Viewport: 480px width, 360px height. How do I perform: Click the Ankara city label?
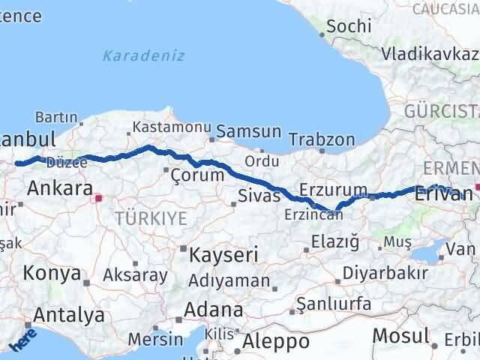coord(60,187)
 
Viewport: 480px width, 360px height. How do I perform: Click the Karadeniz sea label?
coord(144,56)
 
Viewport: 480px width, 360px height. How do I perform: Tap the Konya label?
coord(52,274)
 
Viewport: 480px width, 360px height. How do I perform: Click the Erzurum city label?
coord(333,190)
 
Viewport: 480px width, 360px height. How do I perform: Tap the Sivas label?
coord(259,196)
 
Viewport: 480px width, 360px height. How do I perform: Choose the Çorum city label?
coord(197,175)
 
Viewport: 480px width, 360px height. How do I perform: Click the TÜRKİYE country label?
coord(150,218)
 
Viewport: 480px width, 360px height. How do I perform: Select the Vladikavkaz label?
coord(429,54)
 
